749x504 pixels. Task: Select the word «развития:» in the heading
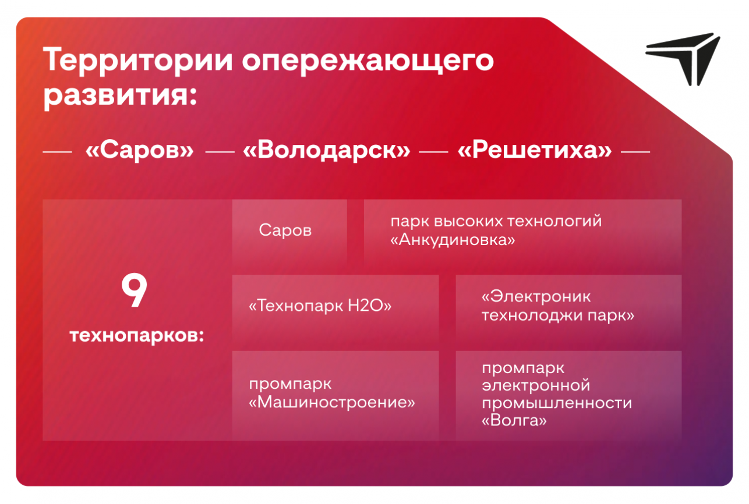click(x=121, y=96)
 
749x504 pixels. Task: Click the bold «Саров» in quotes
click(x=140, y=150)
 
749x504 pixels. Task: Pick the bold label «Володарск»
click(x=327, y=150)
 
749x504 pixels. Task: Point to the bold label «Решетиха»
click(x=535, y=150)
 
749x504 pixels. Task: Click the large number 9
click(x=134, y=290)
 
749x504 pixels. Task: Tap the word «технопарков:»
click(x=137, y=336)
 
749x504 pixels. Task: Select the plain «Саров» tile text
click(x=285, y=230)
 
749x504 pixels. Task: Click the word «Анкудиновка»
click(x=453, y=240)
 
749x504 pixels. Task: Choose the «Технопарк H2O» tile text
click(x=320, y=306)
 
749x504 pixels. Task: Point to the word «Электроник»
click(x=536, y=297)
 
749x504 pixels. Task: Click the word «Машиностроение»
click(x=332, y=402)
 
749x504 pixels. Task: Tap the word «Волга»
click(x=514, y=420)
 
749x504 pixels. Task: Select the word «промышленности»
click(x=557, y=403)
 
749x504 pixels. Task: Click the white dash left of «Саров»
click(x=57, y=152)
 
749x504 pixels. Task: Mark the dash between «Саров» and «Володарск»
click(x=220, y=152)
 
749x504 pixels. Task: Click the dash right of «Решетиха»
click(x=635, y=152)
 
